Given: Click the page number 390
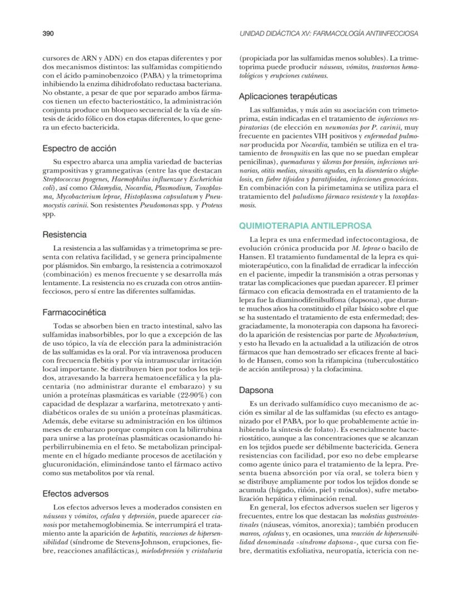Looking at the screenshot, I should (48, 33).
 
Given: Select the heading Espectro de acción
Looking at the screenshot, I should (79, 149).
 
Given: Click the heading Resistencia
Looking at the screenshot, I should (65, 234).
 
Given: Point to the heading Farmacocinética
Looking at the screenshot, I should (74, 312).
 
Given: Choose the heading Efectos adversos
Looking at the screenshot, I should (75, 493).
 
